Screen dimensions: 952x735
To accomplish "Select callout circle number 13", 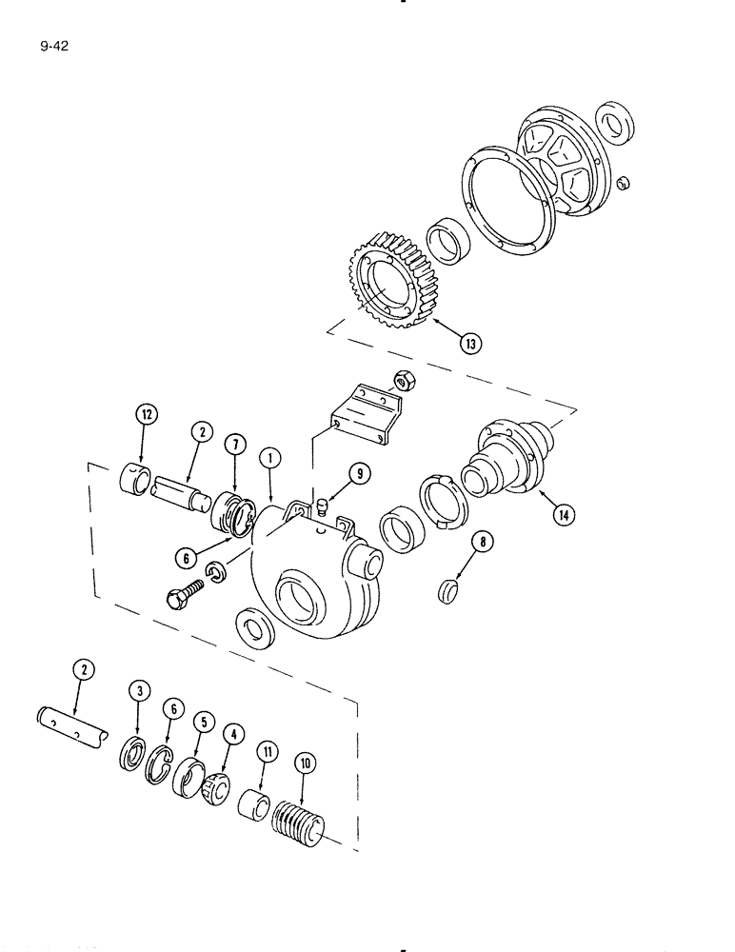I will tap(469, 344).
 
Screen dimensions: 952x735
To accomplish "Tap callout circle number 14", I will tap(566, 514).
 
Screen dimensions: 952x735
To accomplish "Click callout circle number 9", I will tap(359, 471).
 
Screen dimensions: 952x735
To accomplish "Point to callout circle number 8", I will tap(482, 544).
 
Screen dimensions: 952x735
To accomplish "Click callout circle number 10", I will tap(304, 764).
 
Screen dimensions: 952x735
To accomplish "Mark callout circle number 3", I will tap(139, 691).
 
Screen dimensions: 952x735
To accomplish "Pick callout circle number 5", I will tap(201, 723).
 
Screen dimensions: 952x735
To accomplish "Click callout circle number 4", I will tap(232, 733).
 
